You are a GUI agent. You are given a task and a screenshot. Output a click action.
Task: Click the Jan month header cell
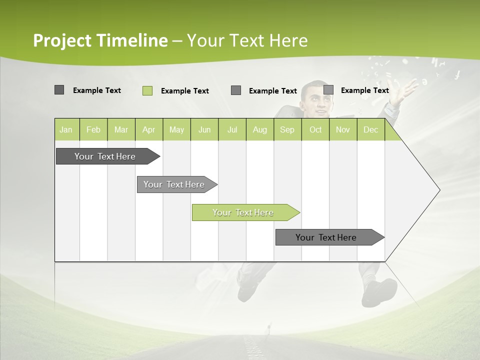coord(66,130)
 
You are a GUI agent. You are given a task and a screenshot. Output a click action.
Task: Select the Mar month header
coord(121,130)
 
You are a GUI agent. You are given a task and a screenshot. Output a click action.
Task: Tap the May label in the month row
coord(176,130)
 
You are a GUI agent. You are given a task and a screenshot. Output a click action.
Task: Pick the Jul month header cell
coord(232,130)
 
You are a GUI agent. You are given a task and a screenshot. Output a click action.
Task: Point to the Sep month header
coord(287,130)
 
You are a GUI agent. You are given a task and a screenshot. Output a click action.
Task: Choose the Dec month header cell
coord(370,130)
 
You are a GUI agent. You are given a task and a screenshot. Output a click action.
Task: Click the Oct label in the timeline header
coord(315,130)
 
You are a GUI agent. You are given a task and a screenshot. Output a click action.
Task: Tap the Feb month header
coord(93,130)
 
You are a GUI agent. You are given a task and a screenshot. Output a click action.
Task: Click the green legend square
coord(147,90)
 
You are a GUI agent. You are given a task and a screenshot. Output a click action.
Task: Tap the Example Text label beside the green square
coord(184,91)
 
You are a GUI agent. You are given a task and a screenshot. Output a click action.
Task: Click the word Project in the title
coord(62,40)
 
